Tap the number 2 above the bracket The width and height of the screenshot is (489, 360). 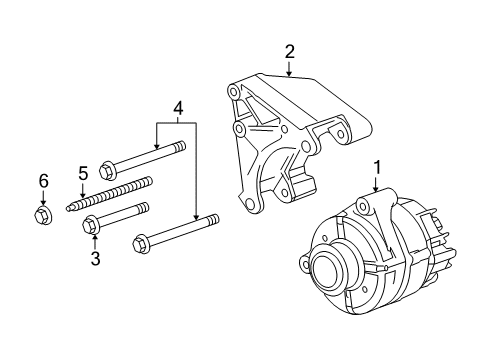[x=289, y=51]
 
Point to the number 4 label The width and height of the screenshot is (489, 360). [x=177, y=107]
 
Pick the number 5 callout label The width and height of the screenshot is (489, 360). [x=83, y=172]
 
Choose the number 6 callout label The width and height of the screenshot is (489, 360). [x=43, y=180]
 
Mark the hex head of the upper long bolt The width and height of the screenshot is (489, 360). [x=111, y=167]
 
